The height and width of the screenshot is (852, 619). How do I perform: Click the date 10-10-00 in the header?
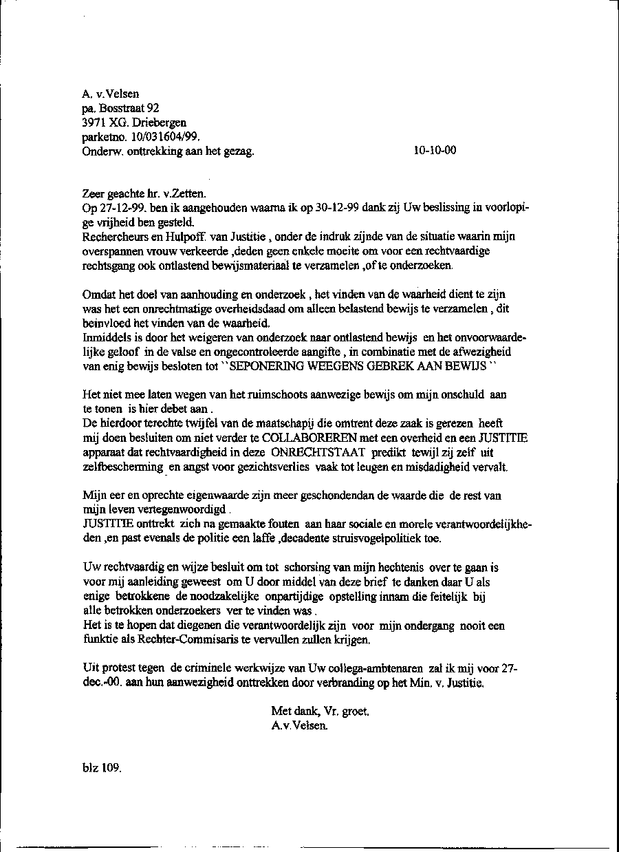pos(435,151)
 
